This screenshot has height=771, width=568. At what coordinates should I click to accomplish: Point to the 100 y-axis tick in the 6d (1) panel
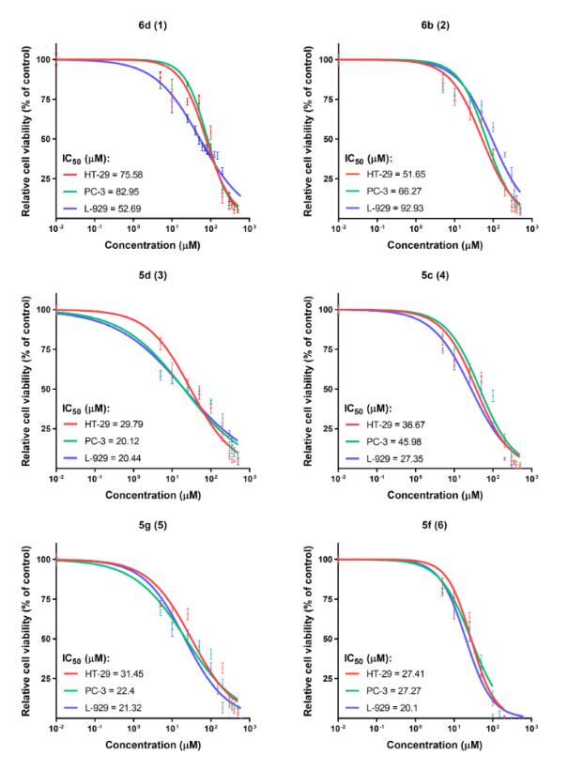[42, 59]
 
